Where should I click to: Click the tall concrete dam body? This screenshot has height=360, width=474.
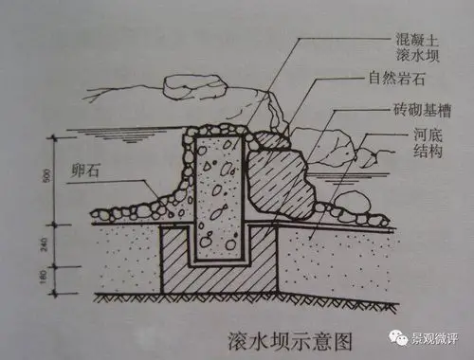[x=218, y=185]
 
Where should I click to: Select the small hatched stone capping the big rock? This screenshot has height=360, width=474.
[x=268, y=140]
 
